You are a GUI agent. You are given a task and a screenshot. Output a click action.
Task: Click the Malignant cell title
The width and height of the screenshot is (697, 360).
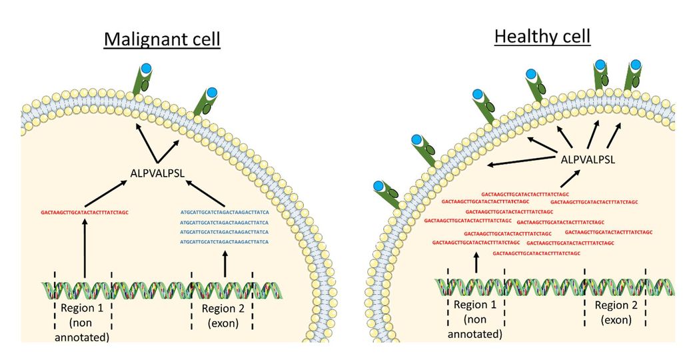(x=162, y=41)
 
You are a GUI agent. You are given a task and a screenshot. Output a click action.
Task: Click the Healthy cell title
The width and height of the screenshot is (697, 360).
(x=542, y=36)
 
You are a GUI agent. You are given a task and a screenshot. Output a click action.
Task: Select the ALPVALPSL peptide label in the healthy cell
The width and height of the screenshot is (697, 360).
(x=588, y=160)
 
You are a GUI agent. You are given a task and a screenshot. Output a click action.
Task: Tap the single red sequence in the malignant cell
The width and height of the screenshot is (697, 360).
(x=84, y=213)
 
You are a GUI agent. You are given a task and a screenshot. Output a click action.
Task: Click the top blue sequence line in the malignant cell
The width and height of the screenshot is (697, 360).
(x=224, y=213)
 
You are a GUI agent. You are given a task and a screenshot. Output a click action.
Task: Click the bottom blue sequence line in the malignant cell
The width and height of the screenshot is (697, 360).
(x=224, y=241)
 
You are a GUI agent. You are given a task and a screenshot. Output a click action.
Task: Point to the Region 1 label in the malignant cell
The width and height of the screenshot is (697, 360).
(x=83, y=309)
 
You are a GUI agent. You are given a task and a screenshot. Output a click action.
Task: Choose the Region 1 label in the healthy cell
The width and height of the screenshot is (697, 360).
(x=475, y=305)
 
